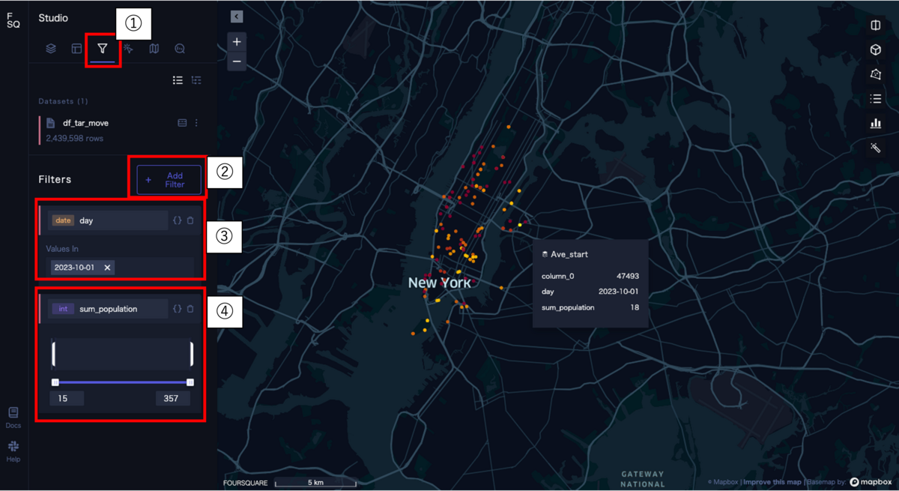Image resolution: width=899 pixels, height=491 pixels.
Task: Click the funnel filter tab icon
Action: click(x=103, y=49)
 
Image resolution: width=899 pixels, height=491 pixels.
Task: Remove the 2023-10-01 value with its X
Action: click(x=107, y=268)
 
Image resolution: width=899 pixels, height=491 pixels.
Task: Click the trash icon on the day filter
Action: click(x=190, y=220)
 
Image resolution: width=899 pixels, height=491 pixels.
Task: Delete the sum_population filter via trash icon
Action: click(x=190, y=309)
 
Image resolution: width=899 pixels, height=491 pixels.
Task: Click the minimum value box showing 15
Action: click(x=67, y=398)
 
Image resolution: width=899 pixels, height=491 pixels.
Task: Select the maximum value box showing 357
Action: click(x=172, y=398)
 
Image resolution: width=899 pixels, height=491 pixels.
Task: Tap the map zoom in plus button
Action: click(x=237, y=42)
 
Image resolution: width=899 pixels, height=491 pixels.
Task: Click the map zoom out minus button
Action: click(x=237, y=61)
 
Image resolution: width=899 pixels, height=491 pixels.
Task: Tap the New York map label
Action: click(x=440, y=283)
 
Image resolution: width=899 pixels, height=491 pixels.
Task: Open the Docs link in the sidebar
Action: click(x=13, y=417)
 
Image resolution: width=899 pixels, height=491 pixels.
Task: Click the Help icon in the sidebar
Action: click(x=13, y=450)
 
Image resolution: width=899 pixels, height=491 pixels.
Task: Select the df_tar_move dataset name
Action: click(x=86, y=123)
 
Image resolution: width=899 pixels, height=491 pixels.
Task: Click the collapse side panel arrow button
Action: click(x=237, y=16)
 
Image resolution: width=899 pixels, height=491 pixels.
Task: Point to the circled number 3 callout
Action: click(x=224, y=236)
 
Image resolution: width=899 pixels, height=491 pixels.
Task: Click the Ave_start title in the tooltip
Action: click(x=569, y=255)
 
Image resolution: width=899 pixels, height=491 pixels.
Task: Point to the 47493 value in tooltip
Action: click(x=627, y=277)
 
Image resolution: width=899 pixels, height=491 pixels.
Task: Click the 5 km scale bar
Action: click(x=315, y=484)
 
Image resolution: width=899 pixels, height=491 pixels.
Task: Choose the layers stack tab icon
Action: click(x=51, y=49)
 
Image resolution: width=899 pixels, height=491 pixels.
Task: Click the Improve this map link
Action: click(x=772, y=482)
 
